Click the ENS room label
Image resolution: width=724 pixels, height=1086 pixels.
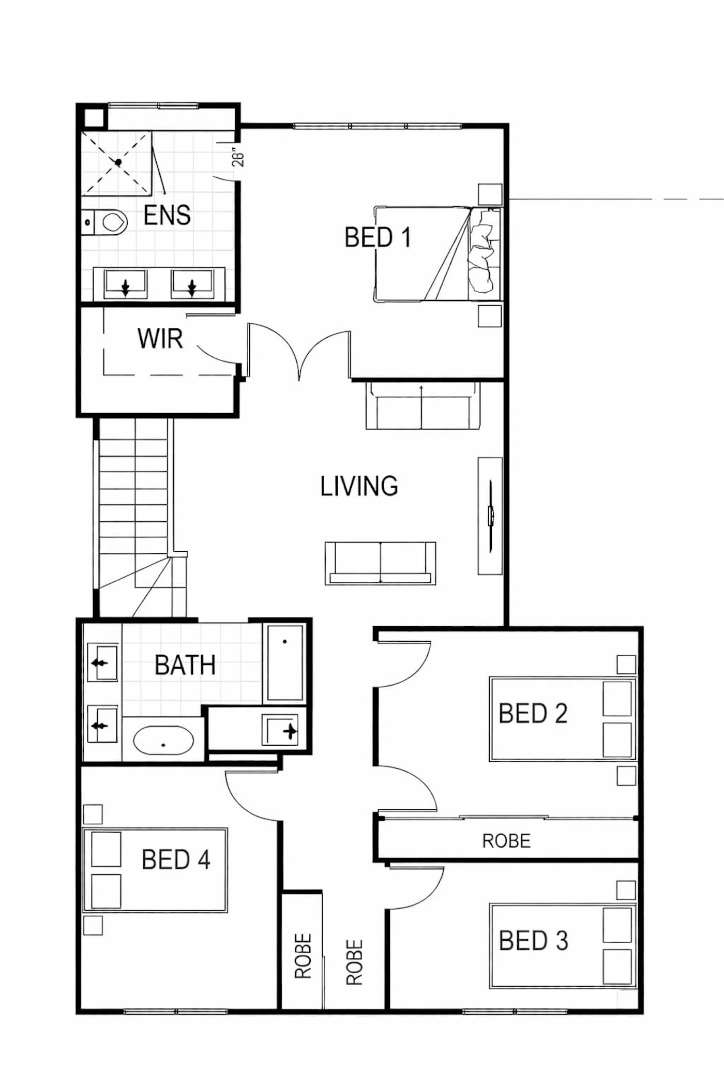pos(167,215)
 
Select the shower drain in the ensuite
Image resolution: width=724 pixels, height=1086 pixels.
pos(118,162)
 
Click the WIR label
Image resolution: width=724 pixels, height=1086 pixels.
pos(160,339)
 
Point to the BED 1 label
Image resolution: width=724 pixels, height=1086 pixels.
pos(378,237)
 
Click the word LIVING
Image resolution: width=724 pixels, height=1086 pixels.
pos(359,487)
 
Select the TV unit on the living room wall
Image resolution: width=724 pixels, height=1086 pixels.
pos(490,516)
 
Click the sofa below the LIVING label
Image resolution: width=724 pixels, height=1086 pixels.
pos(380,563)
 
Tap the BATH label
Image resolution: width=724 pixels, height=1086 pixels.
pos(185,665)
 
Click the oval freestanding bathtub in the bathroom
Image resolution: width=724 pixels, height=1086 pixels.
pos(163,740)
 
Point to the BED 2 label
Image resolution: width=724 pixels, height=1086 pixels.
pos(533,713)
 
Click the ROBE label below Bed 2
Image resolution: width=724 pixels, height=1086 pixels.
pos(506,841)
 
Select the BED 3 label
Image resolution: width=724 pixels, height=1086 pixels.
pos(534,940)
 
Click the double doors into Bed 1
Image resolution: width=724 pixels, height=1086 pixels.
pos(299,352)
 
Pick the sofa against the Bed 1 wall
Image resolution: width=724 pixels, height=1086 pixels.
pos(423,405)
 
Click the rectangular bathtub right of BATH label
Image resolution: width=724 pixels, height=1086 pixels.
pos(285,663)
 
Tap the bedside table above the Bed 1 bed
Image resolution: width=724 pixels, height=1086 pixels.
pos(490,194)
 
